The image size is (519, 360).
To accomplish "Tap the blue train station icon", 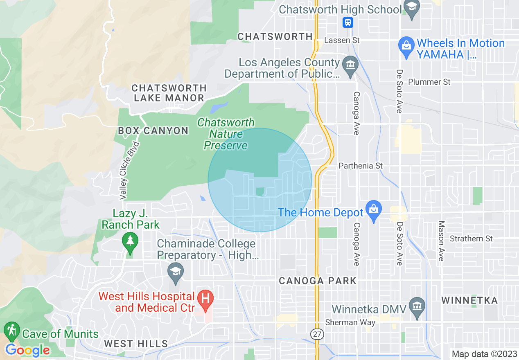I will (x=348, y=22).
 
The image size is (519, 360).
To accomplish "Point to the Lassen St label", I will (x=342, y=40).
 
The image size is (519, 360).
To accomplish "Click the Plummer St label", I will (x=429, y=82).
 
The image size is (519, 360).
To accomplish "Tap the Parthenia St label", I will (x=361, y=166).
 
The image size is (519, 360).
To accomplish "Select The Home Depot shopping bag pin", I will (x=373, y=210).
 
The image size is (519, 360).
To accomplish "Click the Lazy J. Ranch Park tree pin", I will (x=130, y=241).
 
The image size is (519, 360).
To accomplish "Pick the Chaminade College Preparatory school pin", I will (x=176, y=272).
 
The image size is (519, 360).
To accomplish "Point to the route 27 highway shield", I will (x=317, y=334).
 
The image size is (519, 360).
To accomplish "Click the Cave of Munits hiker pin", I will (x=11, y=331).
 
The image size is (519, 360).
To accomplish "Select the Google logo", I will (x=28, y=350).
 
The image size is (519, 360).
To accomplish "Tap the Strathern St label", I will (x=471, y=239).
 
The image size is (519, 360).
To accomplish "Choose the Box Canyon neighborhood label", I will (x=153, y=131).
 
